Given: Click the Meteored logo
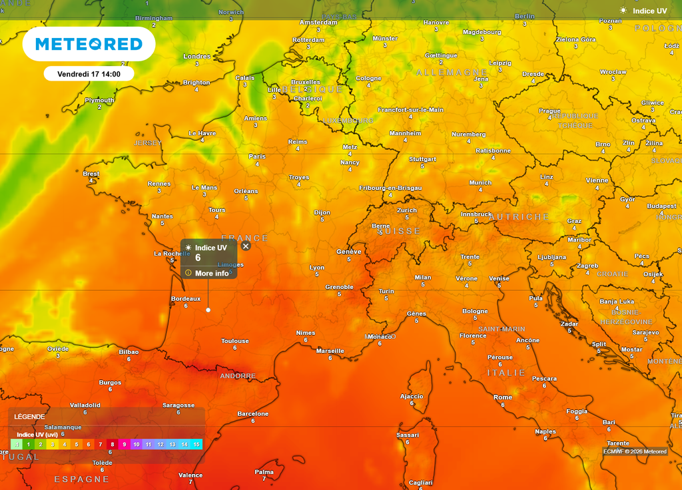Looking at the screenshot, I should pos(89,44).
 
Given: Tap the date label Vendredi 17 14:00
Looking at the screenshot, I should pos(89,74).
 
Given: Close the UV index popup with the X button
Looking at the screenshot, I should pos(246,246).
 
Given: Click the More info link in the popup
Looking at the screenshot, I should pos(211,273).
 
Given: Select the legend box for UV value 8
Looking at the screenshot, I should pos(113,444).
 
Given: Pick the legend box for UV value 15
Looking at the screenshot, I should pos(196,444).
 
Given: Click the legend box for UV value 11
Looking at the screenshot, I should pos(148,444).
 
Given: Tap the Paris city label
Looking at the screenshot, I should pos(256,156).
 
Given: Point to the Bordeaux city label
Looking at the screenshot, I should pos(186,299).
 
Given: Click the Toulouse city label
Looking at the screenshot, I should pos(235,341).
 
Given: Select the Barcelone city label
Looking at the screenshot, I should pos(253,414).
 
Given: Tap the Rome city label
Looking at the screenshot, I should pos(503,397).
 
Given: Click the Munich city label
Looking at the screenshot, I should pos(480,182).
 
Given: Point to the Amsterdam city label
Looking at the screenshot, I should pos(318,22).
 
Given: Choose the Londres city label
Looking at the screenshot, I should pos(196,57).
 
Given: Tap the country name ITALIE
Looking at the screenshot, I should pos(506,373).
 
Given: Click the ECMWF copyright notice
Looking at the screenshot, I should pos(635,451).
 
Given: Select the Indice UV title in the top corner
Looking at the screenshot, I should pos(649,11).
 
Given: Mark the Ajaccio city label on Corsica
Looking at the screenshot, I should pos(412,396).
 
